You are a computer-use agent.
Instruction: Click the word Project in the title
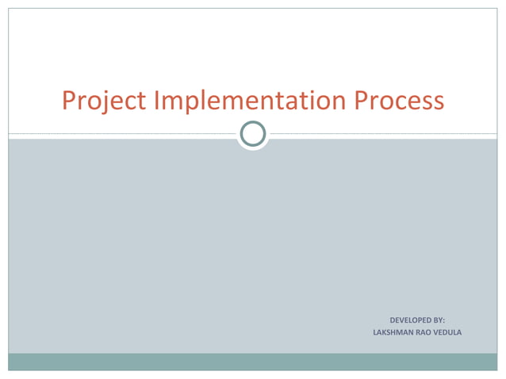(x=104, y=101)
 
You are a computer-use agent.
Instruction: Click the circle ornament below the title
(x=253, y=135)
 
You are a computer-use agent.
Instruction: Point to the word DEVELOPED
(x=410, y=320)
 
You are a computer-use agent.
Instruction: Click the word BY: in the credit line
(x=439, y=320)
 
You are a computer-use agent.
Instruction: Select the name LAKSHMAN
(x=393, y=331)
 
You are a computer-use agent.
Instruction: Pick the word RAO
(x=427, y=331)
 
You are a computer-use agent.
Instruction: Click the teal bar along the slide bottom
(x=253, y=362)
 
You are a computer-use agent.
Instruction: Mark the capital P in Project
(x=69, y=101)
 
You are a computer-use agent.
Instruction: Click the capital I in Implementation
(x=155, y=101)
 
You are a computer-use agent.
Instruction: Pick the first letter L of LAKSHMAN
(x=375, y=331)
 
